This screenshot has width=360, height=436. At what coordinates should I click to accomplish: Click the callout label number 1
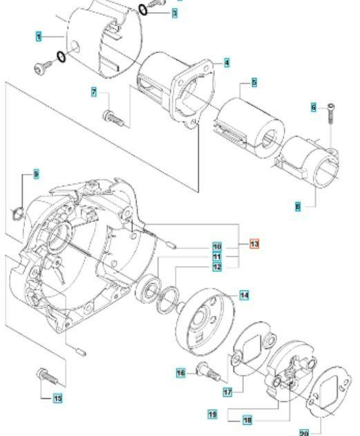(38, 35)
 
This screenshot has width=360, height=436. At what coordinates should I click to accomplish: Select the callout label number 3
(175, 13)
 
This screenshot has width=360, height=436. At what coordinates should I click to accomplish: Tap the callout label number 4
(227, 63)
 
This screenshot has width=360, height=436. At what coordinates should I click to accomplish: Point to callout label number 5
(254, 82)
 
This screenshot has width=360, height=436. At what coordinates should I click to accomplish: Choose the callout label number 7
(95, 93)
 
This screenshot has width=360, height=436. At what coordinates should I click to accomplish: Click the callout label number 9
(36, 174)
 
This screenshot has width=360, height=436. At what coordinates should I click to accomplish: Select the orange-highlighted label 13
(254, 244)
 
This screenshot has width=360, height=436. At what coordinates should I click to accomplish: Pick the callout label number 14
(244, 295)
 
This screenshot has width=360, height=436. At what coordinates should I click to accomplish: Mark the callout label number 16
(180, 372)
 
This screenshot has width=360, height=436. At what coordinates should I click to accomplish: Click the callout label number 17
(227, 390)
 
